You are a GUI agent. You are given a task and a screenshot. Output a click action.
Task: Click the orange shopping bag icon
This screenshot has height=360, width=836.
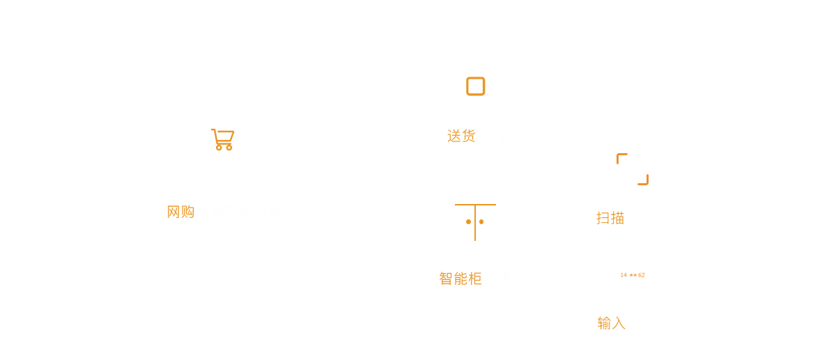(223, 140)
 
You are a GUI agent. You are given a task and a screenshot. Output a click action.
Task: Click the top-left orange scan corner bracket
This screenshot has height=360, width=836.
(621, 157)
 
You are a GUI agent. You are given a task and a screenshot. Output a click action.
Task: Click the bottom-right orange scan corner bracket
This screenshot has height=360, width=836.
(644, 180)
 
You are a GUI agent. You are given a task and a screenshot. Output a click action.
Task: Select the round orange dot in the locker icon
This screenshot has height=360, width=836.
(469, 221)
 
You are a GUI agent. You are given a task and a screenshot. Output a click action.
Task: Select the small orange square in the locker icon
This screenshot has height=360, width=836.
(481, 221)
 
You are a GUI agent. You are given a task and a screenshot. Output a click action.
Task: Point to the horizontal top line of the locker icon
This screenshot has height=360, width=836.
(475, 205)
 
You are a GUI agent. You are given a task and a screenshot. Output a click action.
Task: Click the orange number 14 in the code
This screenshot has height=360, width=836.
(624, 275)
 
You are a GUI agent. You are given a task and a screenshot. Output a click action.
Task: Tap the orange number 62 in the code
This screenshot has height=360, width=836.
(641, 275)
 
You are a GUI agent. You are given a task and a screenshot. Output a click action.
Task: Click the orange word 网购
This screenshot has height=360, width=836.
(181, 212)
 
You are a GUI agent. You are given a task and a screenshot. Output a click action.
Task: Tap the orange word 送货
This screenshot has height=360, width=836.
(460, 136)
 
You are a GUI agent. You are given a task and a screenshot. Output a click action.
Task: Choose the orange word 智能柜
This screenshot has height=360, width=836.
(460, 279)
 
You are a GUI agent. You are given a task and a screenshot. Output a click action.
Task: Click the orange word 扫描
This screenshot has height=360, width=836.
(610, 217)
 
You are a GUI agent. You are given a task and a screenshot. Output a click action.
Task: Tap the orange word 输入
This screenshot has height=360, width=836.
(612, 323)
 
